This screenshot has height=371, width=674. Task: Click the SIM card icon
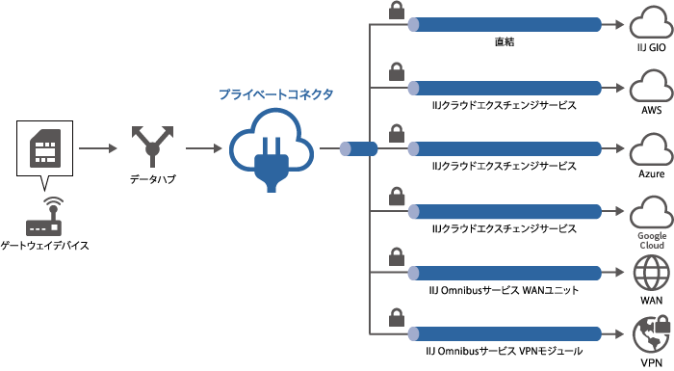click(42, 148)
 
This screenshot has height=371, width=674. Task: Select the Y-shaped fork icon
click(152, 148)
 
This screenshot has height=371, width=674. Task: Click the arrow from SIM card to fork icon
click(96, 148)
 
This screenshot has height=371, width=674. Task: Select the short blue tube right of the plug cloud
click(361, 148)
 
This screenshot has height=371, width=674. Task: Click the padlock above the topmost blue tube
click(396, 11)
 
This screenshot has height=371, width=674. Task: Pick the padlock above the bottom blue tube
click(396, 317)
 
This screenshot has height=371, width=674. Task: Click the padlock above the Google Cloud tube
click(396, 197)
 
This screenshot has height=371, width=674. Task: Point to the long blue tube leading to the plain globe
click(506, 273)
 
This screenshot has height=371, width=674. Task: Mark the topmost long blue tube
click(506, 25)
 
